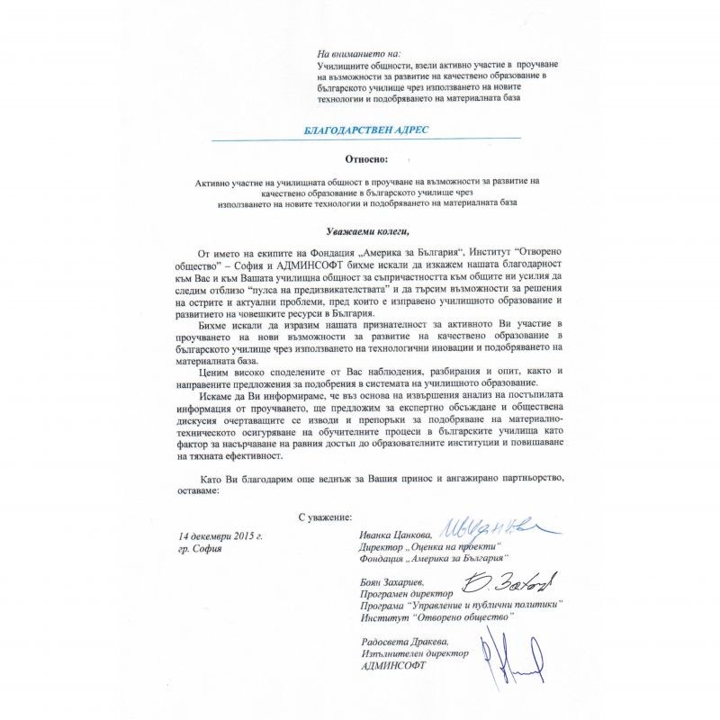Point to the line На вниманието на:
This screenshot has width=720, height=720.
pyautogui.click(x=359, y=56)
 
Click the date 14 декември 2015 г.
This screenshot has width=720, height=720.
pyautogui.click(x=220, y=536)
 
